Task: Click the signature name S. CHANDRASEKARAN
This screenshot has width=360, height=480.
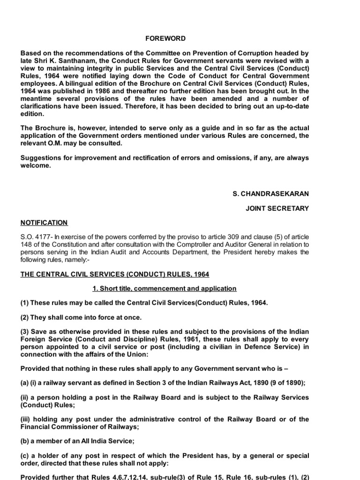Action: (x=271, y=194)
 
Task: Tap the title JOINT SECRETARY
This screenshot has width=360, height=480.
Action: (x=277, y=209)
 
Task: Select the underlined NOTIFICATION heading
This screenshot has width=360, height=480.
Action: (x=44, y=223)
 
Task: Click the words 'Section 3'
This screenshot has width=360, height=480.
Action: (x=149, y=382)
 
